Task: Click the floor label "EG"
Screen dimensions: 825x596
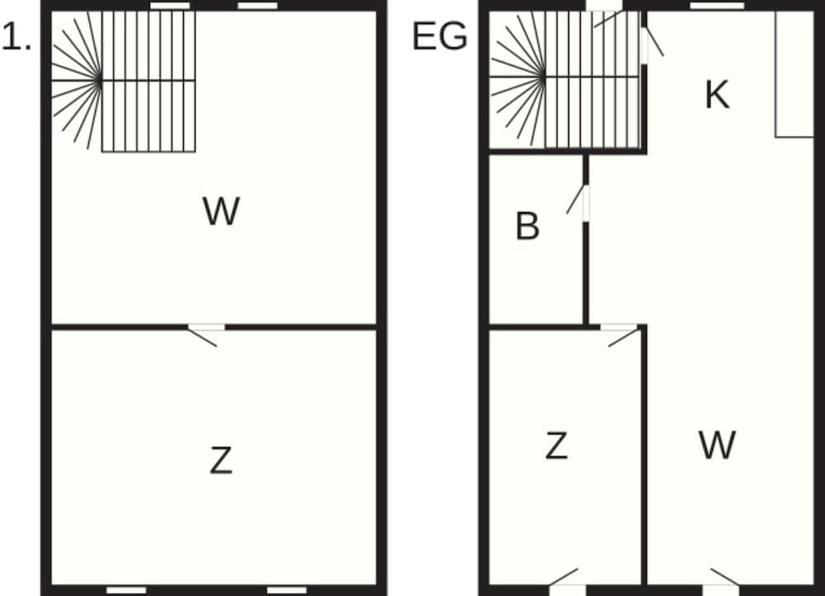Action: pos(440,36)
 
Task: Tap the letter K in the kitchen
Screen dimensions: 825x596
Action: pos(717,95)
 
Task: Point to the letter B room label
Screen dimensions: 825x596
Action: pos(527,226)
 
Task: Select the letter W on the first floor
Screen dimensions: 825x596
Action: pos(221,211)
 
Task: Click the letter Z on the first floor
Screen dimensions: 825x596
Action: pos(221,460)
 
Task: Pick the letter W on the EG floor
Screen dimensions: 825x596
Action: pos(717,445)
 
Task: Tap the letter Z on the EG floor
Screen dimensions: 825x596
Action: pos(557,446)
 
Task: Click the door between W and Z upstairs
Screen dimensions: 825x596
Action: pos(206,335)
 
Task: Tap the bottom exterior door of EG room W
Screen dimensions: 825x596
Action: pos(722,582)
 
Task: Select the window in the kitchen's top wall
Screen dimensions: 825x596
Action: pos(717,6)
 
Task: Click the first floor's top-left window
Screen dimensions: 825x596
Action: pos(170,6)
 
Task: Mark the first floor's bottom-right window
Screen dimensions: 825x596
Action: pos(287,590)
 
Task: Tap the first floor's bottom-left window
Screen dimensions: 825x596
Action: pos(126,590)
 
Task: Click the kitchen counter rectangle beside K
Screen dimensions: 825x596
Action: pos(795,74)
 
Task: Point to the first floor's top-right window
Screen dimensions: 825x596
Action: pos(257,6)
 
